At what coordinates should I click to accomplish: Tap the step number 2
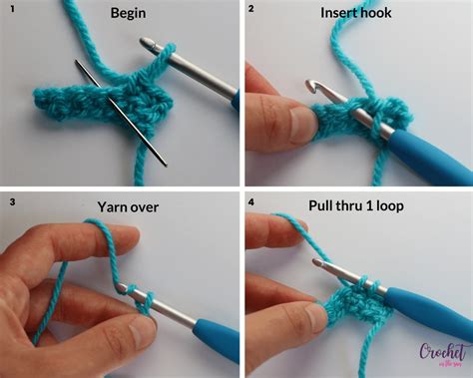(251, 9)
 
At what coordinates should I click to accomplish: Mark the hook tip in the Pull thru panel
(317, 265)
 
